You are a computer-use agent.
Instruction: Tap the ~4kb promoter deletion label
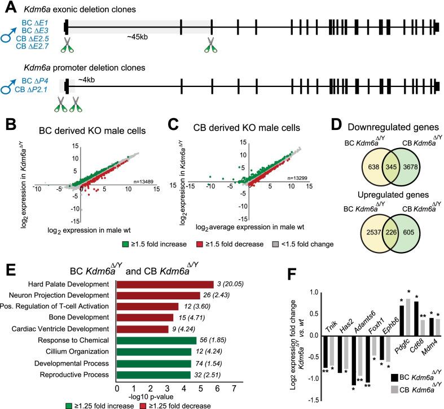[x=86, y=80]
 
